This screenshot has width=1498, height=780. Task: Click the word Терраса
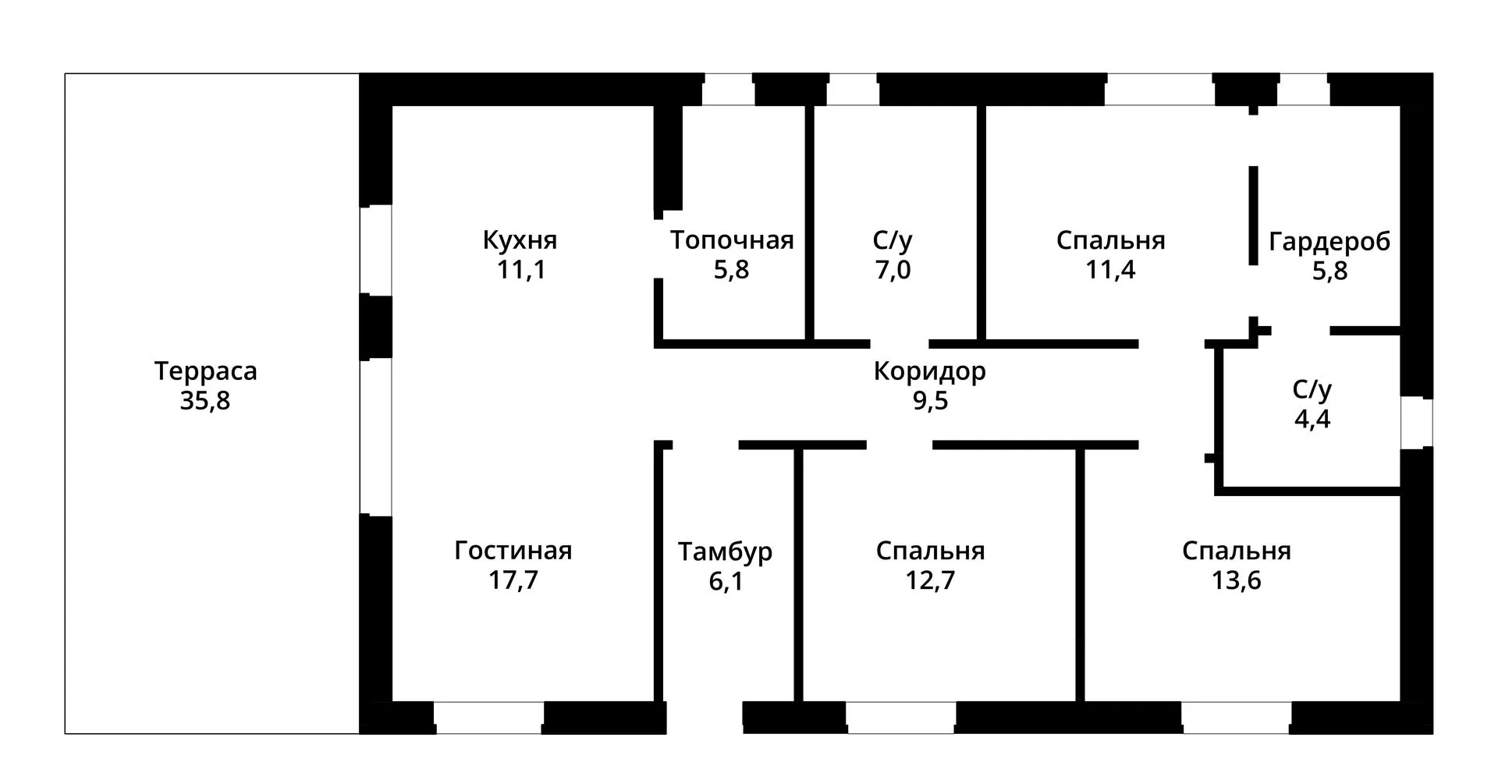pos(206,371)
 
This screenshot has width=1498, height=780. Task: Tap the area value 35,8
pos(205,401)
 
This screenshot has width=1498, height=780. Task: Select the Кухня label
pos(520,239)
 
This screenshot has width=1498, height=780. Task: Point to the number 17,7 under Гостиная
pos(513,580)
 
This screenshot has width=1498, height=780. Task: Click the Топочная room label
pos(732,240)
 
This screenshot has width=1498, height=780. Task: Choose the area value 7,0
pos(893,270)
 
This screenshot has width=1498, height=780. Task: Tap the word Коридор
pos(930,371)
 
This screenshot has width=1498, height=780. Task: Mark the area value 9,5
pos(930,401)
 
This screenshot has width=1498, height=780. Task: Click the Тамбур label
pos(726,551)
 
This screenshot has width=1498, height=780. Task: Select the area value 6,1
pos(726,581)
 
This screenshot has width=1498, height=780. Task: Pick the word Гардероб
pos(1329,242)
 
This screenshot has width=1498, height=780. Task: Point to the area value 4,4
pos(1312,419)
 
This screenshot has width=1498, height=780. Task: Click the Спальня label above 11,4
pos(1111,240)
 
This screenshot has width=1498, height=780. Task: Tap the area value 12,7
pos(930,581)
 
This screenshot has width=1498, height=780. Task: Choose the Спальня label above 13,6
pos(1237,551)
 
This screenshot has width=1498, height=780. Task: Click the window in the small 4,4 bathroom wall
pos(1417,423)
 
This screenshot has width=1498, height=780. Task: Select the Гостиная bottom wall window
pos(489,718)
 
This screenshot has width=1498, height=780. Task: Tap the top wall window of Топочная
pos(729,90)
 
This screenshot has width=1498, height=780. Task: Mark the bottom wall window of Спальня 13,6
pos(1237,718)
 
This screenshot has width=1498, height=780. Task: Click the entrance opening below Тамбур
pos(705,718)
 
